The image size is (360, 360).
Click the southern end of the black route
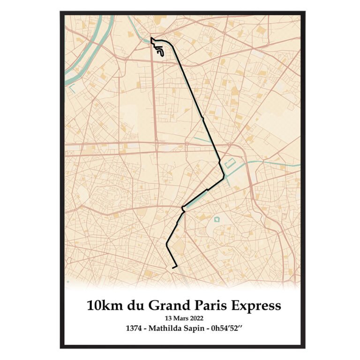pos(173,268)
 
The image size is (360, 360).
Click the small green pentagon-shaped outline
pos(217,219)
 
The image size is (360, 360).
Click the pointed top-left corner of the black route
pos(151,38)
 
